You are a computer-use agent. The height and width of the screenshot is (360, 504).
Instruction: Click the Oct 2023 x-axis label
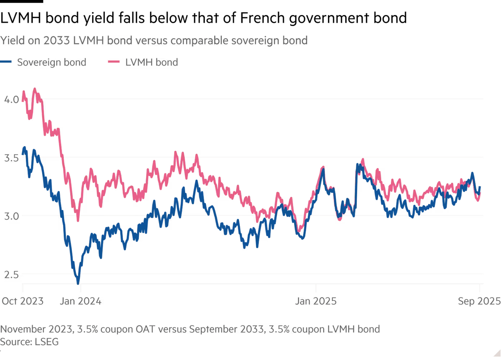[22, 302]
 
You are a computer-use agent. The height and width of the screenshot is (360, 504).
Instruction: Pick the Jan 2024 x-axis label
[80, 302]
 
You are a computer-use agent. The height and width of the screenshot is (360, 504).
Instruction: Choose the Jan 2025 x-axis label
[316, 302]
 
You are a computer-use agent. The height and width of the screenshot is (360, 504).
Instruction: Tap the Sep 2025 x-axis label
[479, 302]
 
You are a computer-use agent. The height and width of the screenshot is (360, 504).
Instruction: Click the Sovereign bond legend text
[51, 62]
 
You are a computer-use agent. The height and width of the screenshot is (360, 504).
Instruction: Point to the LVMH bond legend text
[152, 62]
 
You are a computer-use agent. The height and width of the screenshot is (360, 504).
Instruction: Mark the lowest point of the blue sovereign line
[78, 282]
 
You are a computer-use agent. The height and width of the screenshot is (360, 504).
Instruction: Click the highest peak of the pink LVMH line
[35, 89]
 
